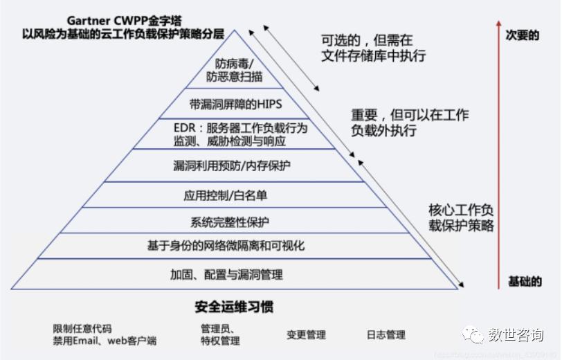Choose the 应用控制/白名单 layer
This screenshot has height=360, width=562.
225,195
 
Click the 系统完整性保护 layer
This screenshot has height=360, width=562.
230,222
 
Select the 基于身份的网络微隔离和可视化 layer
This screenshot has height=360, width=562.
226,246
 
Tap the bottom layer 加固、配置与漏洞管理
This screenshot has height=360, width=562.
226,274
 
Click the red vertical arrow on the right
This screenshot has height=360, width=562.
498,152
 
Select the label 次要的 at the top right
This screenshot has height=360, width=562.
523,35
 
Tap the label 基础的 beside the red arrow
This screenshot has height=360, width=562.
525,281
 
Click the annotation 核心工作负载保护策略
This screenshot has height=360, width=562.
461,217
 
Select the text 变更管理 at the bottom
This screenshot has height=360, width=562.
306,334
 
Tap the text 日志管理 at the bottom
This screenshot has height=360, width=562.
386,334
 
